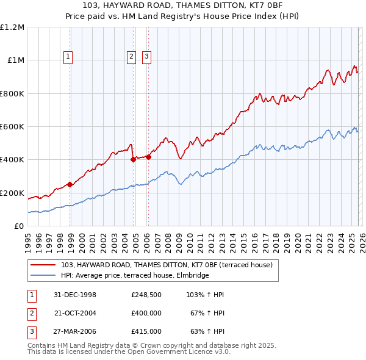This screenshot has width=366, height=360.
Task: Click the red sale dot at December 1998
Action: pyautogui.click(x=70, y=184)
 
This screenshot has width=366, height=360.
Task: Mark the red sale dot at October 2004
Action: pyautogui.click(x=133, y=160)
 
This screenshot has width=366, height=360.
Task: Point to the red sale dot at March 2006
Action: pyautogui.click(x=148, y=157)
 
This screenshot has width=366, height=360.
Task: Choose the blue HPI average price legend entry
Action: pyautogui.click(x=135, y=275)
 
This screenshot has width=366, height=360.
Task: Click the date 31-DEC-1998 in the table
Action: pyautogui.click(x=75, y=295)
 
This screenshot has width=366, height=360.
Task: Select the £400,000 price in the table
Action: pyautogui.click(x=146, y=313)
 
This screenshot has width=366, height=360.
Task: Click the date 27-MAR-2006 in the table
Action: pyautogui.click(x=75, y=331)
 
